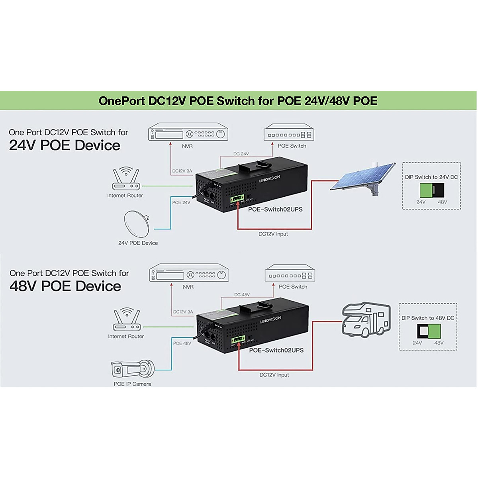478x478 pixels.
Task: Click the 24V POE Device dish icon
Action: coord(137,223)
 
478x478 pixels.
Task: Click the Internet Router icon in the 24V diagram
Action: coord(125,180)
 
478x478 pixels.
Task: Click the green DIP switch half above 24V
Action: coord(427,190)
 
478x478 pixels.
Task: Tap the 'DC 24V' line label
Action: coord(241,154)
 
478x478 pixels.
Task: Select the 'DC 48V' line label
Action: coord(242,295)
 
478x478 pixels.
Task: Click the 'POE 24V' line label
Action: coord(181,202)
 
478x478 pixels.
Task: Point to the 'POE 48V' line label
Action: coord(182,343)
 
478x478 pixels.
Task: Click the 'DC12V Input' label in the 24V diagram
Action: coord(273,234)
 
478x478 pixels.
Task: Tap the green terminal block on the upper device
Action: coord(237,198)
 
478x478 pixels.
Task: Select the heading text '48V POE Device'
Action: coord(65,286)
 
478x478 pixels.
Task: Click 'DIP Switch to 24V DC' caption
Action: coord(431,177)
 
